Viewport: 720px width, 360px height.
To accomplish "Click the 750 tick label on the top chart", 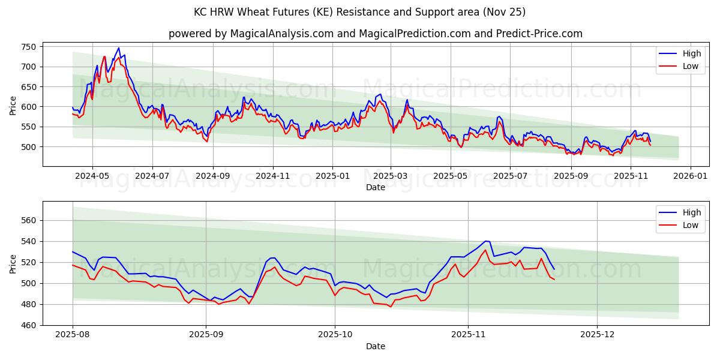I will click(x=29, y=47).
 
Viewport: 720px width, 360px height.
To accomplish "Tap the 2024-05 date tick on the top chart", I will click(x=92, y=176).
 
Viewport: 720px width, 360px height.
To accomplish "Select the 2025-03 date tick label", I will click(x=391, y=176).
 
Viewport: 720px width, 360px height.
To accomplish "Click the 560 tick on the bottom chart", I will click(x=29, y=220).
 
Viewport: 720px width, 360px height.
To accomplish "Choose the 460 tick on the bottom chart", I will click(x=29, y=325).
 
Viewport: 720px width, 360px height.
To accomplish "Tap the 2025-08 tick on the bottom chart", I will click(x=73, y=335).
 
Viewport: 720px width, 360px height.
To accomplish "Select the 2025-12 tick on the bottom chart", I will click(x=598, y=335).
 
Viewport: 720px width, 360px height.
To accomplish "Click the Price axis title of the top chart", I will click(x=13, y=106).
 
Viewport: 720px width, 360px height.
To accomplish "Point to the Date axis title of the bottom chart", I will click(x=376, y=346).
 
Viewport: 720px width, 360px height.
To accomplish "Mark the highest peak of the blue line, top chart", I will click(x=119, y=48).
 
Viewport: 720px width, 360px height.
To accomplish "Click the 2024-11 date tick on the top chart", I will click(x=273, y=176).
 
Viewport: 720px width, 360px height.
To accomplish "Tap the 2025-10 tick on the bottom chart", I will click(x=335, y=335).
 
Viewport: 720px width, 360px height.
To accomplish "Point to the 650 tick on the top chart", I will click(x=29, y=87).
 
